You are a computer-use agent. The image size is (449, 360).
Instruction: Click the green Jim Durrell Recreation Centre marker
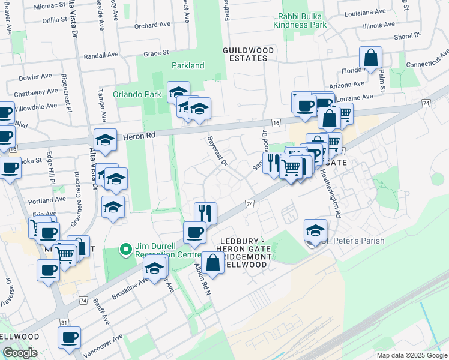coord(125,248)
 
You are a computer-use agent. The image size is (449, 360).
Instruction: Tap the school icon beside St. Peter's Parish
coord(316,230)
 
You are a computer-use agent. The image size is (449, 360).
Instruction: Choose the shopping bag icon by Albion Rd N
coord(212,262)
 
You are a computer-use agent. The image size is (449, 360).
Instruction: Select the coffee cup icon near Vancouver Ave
coord(69,337)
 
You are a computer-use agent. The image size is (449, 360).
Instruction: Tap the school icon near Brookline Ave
coord(155,271)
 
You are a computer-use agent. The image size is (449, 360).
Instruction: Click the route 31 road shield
coord(64,323)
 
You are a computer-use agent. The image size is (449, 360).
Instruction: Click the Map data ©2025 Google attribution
coord(412,355)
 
